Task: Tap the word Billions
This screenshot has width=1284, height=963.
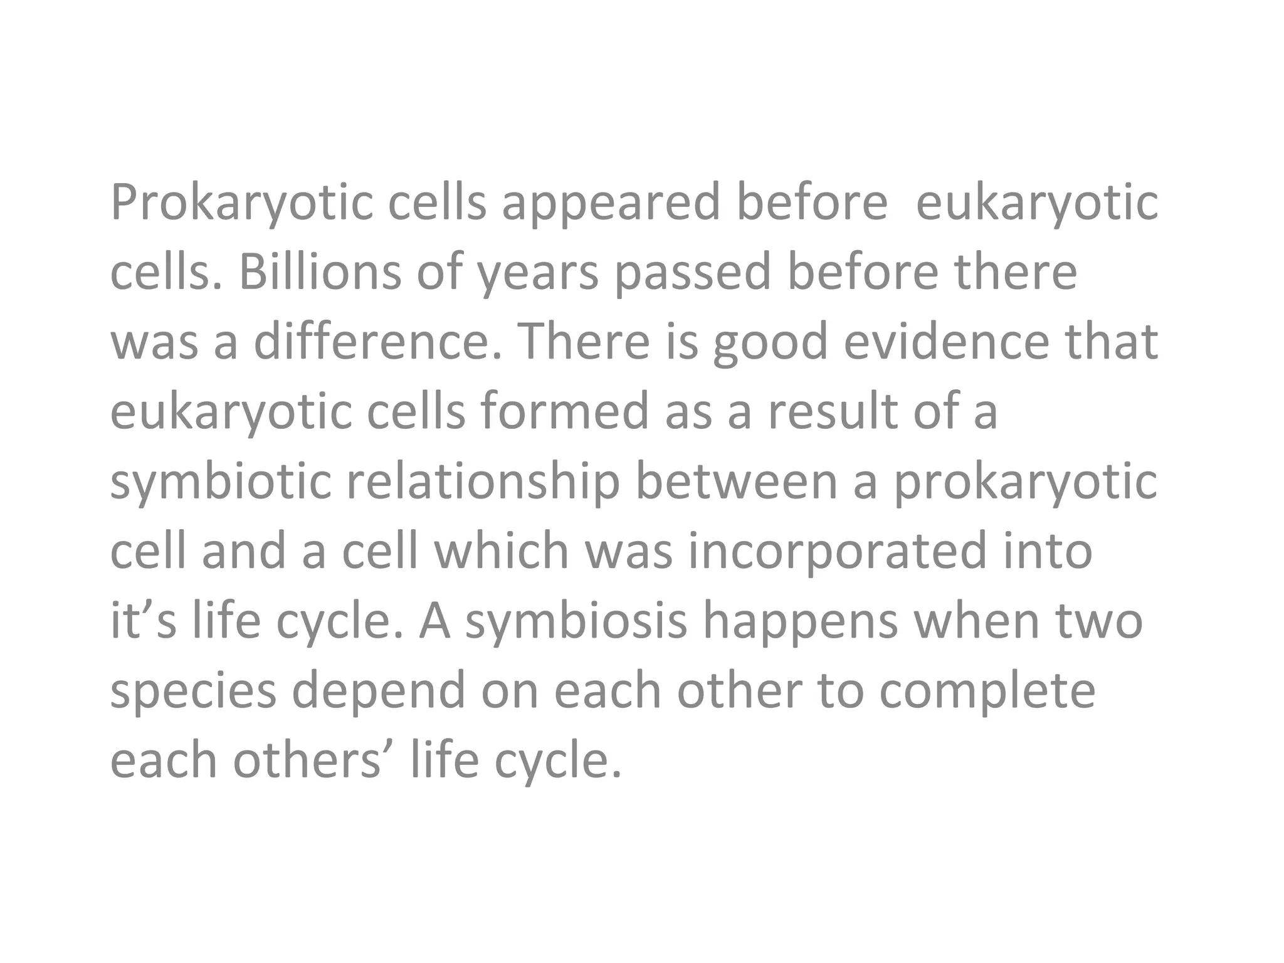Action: pyautogui.click(x=320, y=273)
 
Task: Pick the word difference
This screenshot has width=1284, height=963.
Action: pyautogui.click(x=379, y=342)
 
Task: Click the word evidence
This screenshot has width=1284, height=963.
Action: pyautogui.click(x=946, y=342)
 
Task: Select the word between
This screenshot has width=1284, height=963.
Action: pyautogui.click(x=737, y=481)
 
